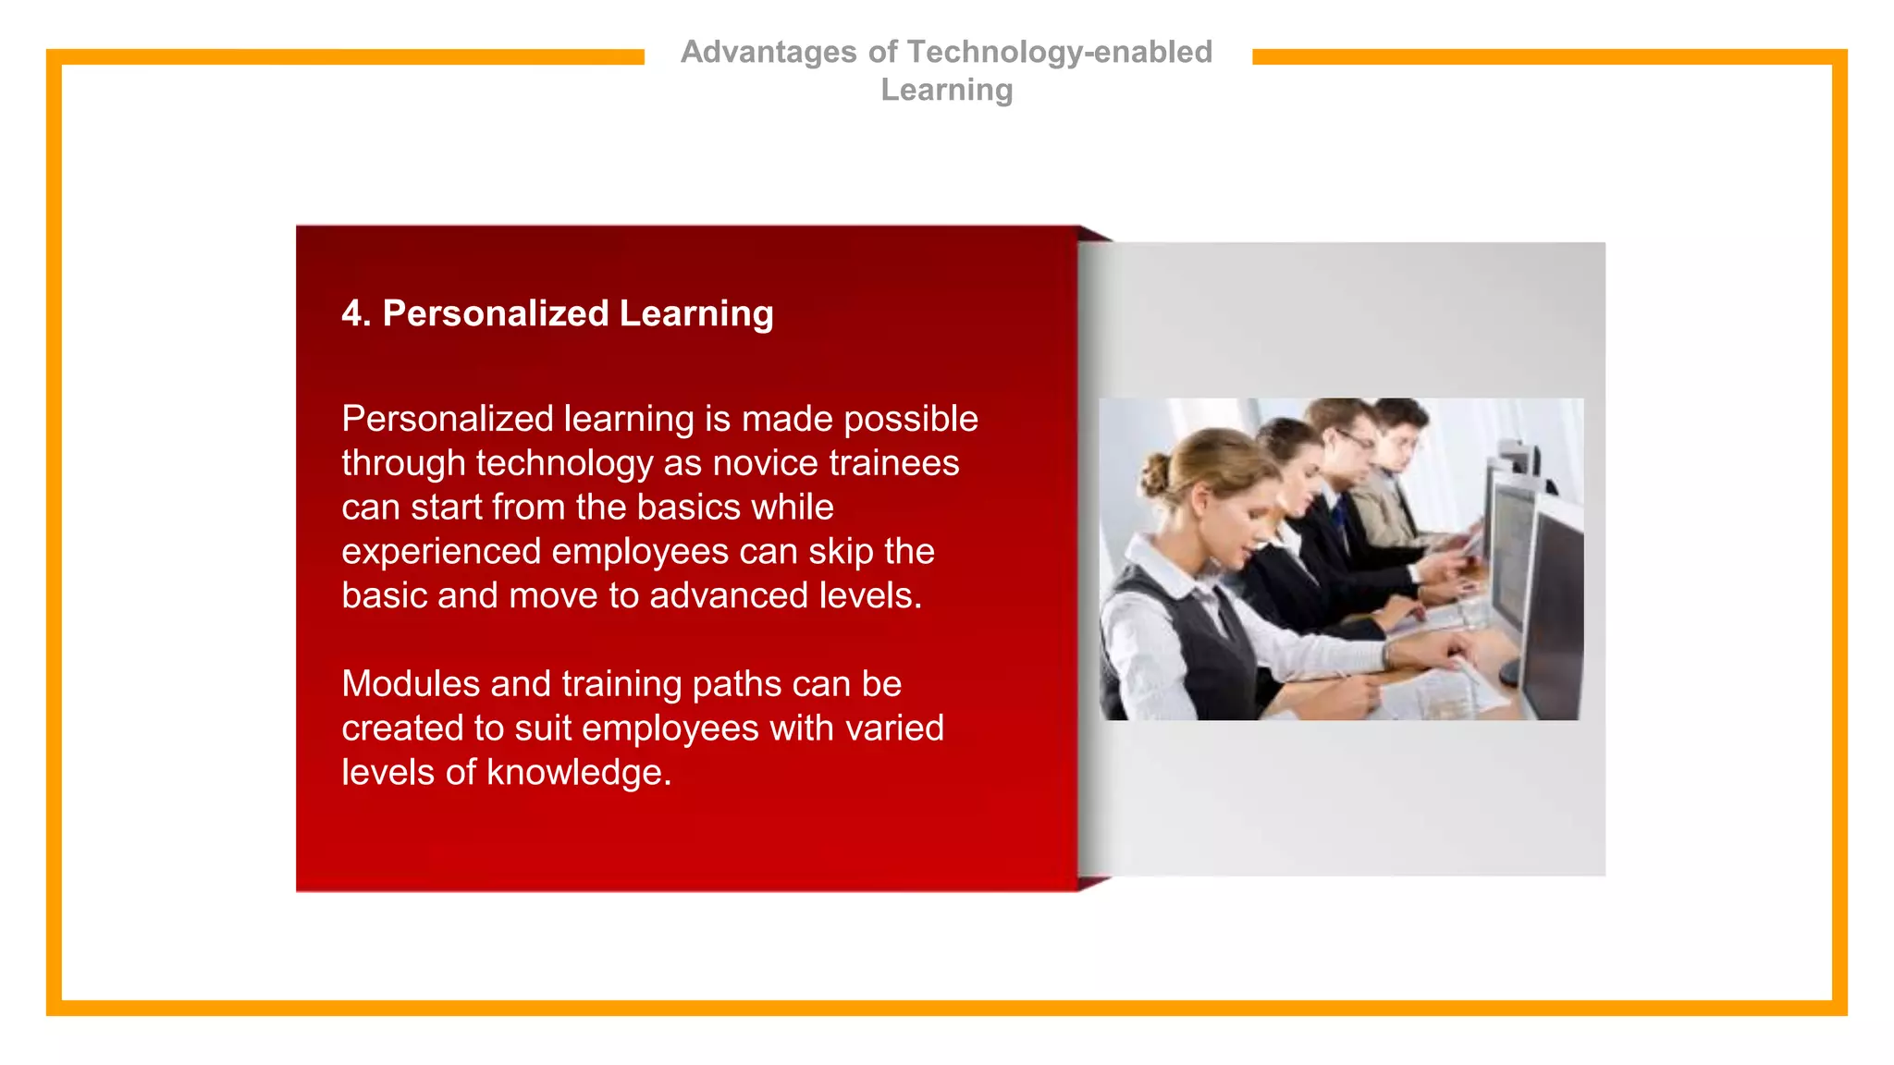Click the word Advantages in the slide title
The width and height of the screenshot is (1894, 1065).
(x=769, y=53)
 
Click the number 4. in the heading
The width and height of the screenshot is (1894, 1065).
(x=356, y=313)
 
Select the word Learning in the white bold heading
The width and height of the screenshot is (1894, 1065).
(x=695, y=314)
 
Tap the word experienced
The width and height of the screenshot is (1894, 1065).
(x=441, y=552)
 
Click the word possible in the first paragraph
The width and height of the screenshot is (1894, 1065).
(x=910, y=420)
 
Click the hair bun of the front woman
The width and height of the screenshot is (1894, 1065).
(x=1154, y=473)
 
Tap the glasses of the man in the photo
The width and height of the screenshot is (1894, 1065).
(x=1356, y=441)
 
